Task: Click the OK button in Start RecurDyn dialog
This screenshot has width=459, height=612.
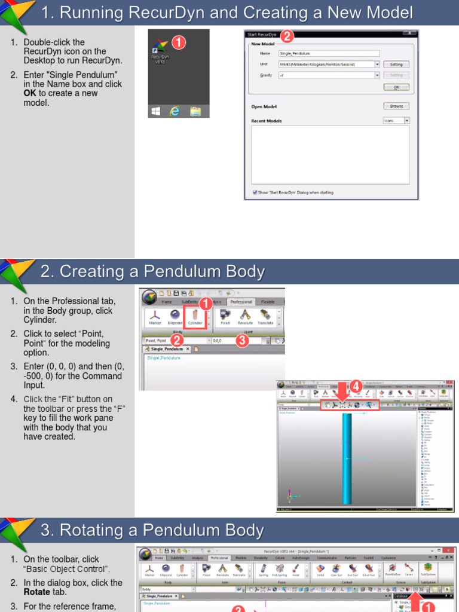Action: pos(396,87)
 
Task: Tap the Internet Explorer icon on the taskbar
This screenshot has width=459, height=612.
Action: pos(175,111)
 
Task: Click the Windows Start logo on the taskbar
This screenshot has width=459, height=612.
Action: pos(156,111)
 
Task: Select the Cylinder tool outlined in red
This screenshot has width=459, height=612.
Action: pos(195,317)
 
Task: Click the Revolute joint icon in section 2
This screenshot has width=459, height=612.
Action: pos(245,317)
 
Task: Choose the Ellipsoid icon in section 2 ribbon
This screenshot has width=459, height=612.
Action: pos(176,317)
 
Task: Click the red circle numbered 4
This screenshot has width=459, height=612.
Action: pos(356,386)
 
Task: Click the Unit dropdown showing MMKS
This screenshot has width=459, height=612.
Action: pos(328,65)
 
